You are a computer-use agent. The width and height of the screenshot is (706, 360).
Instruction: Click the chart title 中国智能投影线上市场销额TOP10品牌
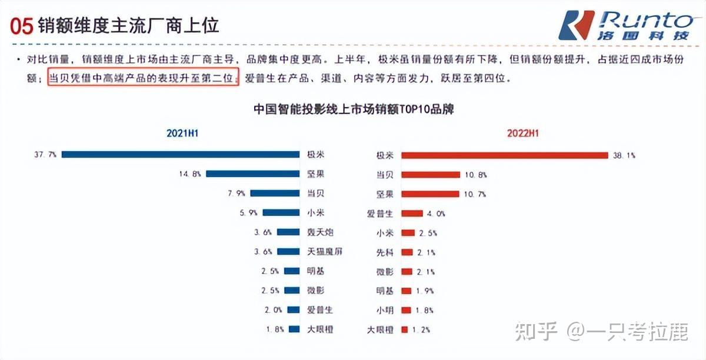353,109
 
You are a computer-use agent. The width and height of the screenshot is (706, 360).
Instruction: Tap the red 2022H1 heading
522,134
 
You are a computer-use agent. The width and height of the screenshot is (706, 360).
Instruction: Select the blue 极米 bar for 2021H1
181,155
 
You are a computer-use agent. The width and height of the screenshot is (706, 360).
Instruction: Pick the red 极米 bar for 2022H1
504,155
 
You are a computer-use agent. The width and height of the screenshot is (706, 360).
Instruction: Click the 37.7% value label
46,155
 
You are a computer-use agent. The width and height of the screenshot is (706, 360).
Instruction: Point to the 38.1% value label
625,156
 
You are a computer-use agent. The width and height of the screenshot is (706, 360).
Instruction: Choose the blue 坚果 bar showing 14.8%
252,174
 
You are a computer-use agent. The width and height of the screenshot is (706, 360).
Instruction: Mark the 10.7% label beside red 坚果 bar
475,194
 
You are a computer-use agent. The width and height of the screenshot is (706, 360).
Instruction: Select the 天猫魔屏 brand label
324,252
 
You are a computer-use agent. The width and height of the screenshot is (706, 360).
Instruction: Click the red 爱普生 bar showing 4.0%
412,214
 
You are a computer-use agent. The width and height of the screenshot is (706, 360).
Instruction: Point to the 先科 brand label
385,252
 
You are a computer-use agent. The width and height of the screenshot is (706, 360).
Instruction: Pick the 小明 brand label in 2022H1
385,310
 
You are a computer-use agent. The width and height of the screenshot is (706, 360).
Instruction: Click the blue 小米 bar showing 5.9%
281,213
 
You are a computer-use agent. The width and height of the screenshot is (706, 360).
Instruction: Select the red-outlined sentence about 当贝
143,78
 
